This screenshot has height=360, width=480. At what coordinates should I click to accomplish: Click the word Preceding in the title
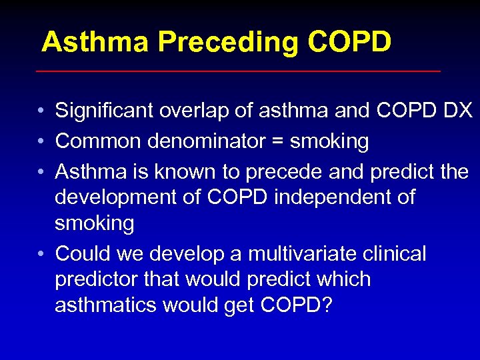point(229,43)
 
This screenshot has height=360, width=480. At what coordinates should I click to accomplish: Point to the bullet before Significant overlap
point(41,111)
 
